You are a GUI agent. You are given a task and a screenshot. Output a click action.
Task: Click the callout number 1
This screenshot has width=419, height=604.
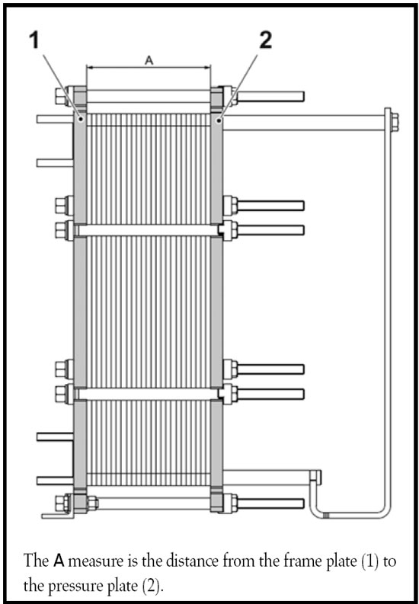[35, 40]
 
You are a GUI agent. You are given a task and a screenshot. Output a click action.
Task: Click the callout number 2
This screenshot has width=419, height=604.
[265, 40]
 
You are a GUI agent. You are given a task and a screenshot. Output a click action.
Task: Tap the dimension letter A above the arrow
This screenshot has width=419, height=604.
[149, 60]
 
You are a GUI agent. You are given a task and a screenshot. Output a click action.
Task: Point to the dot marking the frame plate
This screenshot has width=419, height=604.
[81, 120]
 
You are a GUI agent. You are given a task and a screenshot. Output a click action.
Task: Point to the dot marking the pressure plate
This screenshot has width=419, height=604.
[219, 120]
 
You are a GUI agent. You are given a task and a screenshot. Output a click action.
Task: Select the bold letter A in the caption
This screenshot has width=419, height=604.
[59, 561]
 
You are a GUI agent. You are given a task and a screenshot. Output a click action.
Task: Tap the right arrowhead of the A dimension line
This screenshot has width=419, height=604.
[207, 67]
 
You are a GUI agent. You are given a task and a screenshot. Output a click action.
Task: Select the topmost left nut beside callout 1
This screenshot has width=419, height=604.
[62, 96]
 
